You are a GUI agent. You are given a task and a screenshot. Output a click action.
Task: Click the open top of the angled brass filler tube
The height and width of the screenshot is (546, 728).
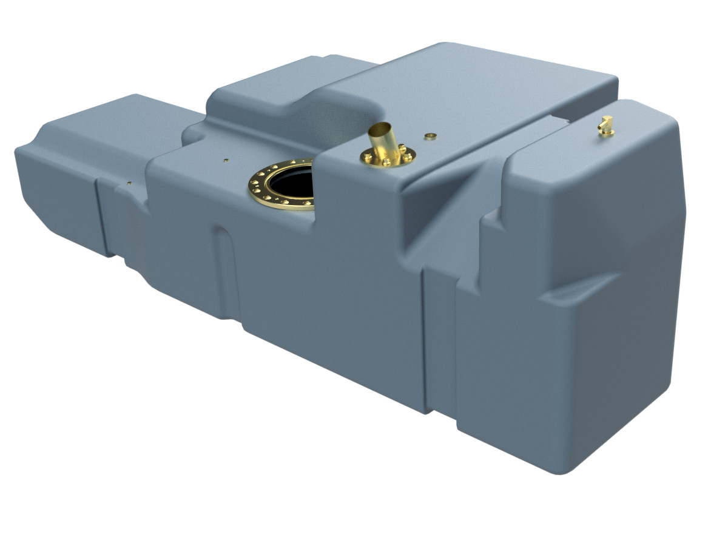pyautogui.click(x=382, y=127)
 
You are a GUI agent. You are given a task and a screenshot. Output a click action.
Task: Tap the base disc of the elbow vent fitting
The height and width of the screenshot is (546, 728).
pyautogui.click(x=606, y=133)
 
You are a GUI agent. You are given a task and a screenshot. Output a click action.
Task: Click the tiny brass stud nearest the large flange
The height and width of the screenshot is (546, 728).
pyautogui.click(x=226, y=160)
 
